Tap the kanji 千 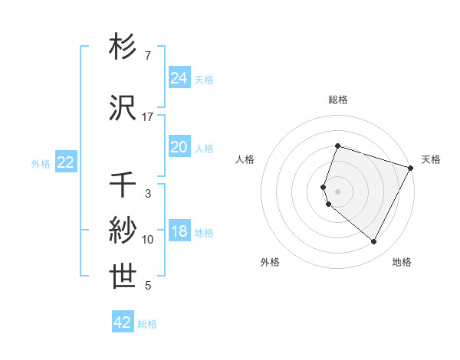coord(123,185)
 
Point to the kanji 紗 coord(123,230)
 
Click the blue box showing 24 coord(179,78)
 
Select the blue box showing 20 coord(179,147)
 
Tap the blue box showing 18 coord(179,231)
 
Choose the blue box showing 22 coord(65,162)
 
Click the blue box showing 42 coord(123,322)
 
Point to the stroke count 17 coord(148,117)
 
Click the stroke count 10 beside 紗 coord(148,240)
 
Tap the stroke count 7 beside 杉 coord(148,56)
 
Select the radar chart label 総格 coord(337,100)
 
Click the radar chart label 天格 coord(431,159)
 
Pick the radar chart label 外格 coord(270,262)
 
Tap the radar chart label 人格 coord(245,159)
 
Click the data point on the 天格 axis coord(412,168)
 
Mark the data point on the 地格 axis coord(374,242)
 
